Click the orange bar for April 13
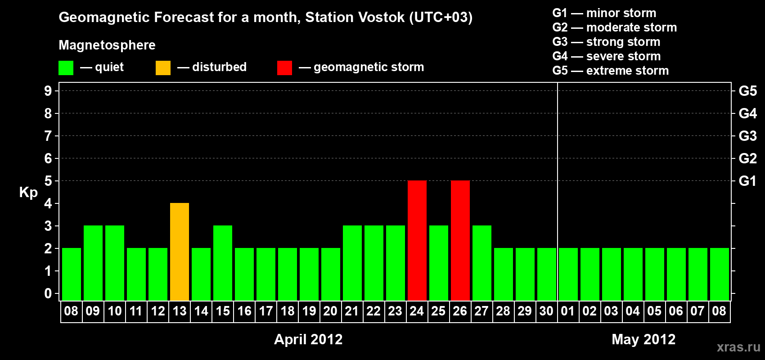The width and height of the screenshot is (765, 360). [180, 252]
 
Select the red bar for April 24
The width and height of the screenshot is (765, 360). [417, 240]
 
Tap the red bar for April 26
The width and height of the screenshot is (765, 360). [460, 240]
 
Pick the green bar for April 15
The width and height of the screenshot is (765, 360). [223, 263]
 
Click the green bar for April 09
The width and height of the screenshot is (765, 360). [93, 263]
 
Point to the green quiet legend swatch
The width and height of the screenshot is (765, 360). [66, 67]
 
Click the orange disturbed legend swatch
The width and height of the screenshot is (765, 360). [163, 67]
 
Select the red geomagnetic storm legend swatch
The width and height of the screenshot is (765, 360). [284, 67]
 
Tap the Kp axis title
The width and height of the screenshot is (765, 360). [28, 193]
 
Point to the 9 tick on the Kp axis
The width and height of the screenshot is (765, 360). [48, 91]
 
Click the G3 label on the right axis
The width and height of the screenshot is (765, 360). [747, 136]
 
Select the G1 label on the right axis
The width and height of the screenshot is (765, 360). [747, 181]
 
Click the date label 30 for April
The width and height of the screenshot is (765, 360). [546, 311]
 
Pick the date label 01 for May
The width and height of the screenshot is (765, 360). [568, 311]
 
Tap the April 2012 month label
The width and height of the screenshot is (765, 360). [308, 339]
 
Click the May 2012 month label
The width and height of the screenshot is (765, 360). [643, 339]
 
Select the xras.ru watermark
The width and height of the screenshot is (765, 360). [738, 347]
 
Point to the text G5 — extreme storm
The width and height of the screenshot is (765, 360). [611, 71]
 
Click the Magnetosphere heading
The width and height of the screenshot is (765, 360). [107, 45]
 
